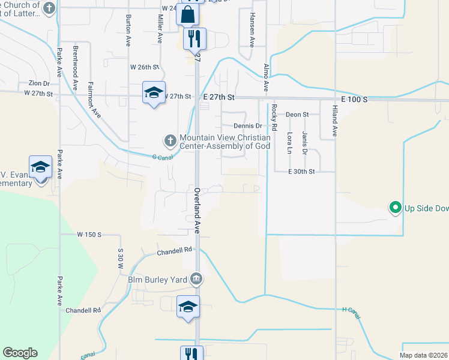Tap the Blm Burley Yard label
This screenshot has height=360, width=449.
pyautogui.click(x=158, y=279)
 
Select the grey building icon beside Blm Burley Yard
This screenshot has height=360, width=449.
pyautogui.click(x=196, y=279)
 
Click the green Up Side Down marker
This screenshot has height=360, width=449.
pyautogui.click(x=395, y=208)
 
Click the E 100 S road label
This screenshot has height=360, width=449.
pyautogui.click(x=348, y=98)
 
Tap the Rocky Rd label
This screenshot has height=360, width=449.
pyautogui.click(x=274, y=118)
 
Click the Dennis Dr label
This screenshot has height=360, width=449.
pyautogui.click(x=248, y=126)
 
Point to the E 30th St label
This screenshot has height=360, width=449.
pyautogui.click(x=301, y=172)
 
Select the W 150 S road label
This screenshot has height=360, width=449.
pyautogui.click(x=89, y=234)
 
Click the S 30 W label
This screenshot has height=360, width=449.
pyautogui.click(x=121, y=258)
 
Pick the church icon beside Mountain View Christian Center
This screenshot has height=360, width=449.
pyautogui.click(x=170, y=141)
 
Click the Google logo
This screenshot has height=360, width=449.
pyautogui.click(x=20, y=353)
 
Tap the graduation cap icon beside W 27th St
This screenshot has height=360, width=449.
pyautogui.click(x=153, y=92)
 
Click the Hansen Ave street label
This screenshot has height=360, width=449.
pyautogui.click(x=252, y=30)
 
